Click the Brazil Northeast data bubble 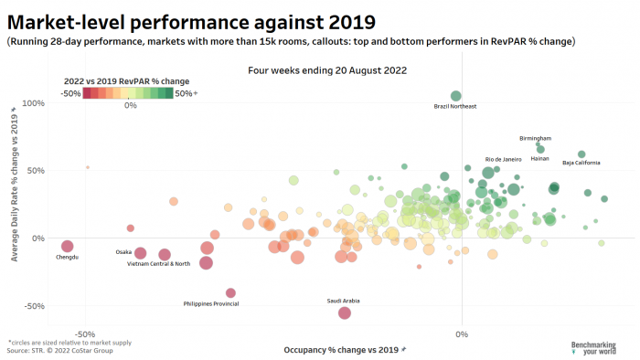pyautogui.click(x=456, y=96)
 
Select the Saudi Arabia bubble pyautogui.click(x=345, y=312)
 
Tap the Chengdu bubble pyautogui.click(x=67, y=247)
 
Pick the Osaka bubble pyautogui.click(x=141, y=253)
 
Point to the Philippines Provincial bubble pyautogui.click(x=230, y=293)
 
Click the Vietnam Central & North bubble pyautogui.click(x=165, y=255)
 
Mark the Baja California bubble pyautogui.click(x=581, y=154)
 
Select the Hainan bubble pyautogui.click(x=540, y=150)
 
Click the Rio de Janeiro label pyautogui.click(x=503, y=159)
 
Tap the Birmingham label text pyautogui.click(x=535, y=138)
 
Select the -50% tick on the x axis pyautogui.click(x=84, y=334)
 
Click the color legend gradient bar pyautogui.click(x=128, y=92)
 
